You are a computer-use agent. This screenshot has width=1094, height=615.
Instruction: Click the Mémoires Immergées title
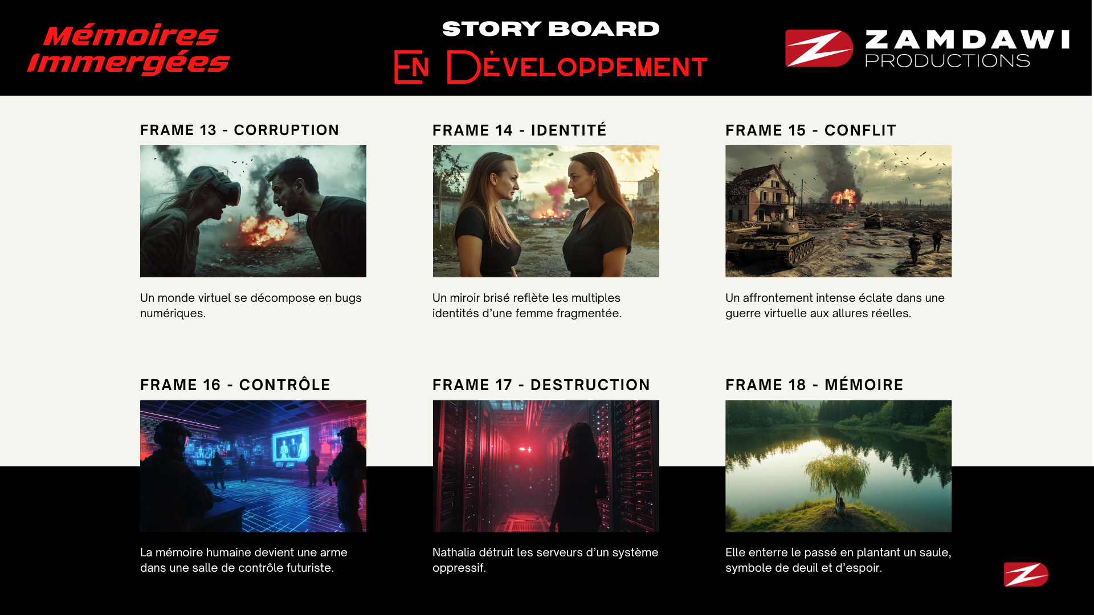[x=129, y=50]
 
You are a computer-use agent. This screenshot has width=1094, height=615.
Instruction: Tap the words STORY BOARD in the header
[x=550, y=29]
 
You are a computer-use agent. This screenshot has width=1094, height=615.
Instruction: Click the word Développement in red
[x=577, y=67]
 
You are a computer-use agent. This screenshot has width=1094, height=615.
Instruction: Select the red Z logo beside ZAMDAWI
[x=819, y=48]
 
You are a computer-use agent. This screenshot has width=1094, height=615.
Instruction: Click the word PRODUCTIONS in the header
[x=948, y=60]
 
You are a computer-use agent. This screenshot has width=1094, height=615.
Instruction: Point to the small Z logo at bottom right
[x=1026, y=574]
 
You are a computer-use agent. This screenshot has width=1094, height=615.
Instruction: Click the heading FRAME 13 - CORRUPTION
[x=239, y=130]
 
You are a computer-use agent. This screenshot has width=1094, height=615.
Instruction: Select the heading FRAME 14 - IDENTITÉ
[x=520, y=130]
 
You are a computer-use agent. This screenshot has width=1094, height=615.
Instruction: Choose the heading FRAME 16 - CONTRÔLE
[x=235, y=385]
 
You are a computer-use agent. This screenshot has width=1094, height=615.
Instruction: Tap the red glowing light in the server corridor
[x=525, y=449]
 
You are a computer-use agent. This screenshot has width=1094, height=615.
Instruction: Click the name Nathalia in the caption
[x=454, y=552]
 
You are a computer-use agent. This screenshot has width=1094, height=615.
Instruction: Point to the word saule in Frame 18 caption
[x=935, y=553]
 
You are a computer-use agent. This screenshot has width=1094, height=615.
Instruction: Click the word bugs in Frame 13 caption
[x=348, y=298]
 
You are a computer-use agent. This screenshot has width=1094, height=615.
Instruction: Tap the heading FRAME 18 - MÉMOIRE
[x=814, y=385]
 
